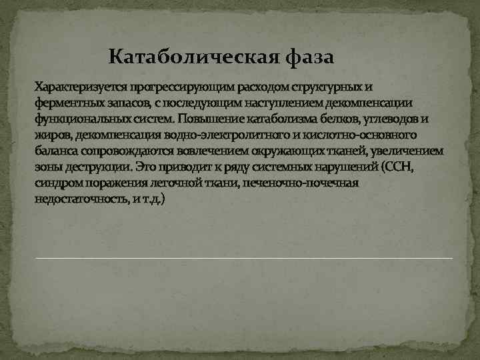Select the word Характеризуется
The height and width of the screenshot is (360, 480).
click(81, 87)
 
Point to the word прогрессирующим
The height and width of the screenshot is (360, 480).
click(176, 87)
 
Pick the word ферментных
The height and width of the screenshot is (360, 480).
click(67, 103)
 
